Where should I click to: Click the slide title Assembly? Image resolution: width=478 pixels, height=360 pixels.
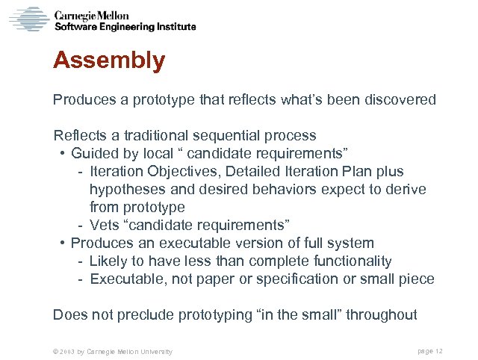pos(109,60)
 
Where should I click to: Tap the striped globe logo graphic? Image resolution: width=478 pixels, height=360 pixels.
pos(28,19)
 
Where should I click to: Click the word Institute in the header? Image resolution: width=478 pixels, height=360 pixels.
pos(173,26)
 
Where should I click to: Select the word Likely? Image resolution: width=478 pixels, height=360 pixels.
pos(108,261)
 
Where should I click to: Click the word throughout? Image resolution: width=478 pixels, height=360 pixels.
pos(382,315)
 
